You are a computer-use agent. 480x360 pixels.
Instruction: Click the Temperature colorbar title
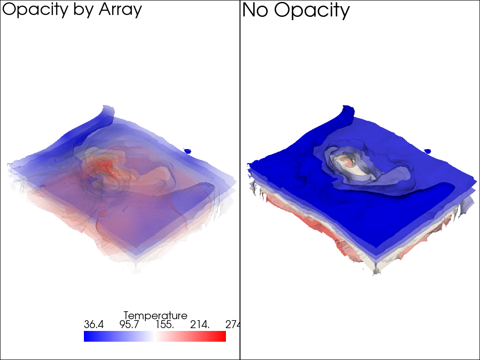(x=155, y=315)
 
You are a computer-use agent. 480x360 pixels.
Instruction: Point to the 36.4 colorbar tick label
(x=94, y=324)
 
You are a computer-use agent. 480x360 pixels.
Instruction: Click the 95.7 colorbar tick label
(x=129, y=324)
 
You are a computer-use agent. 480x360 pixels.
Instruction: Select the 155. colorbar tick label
(x=165, y=324)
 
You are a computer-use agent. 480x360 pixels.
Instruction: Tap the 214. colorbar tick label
(x=200, y=324)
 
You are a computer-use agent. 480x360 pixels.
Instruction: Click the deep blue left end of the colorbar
(x=87, y=336)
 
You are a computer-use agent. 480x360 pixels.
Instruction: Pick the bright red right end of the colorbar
(x=222, y=336)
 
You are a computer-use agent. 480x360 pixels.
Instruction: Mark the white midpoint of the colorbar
(x=155, y=336)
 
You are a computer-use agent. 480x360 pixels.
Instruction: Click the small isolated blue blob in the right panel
(x=427, y=151)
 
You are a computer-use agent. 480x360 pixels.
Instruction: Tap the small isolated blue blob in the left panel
(x=187, y=151)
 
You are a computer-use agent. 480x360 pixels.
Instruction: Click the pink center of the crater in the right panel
(x=346, y=162)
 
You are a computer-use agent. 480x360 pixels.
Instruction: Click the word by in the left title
(x=84, y=10)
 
